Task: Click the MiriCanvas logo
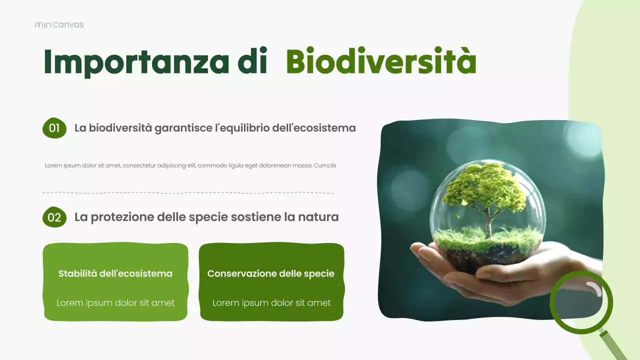pos(59,24)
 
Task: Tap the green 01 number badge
pos(54,128)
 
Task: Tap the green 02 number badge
pos(54,217)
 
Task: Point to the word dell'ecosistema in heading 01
pos(313,128)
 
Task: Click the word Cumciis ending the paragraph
pos(325,165)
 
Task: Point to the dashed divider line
pos(188,192)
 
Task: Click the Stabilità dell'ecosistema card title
pos(115,273)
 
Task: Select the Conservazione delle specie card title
pos(270,273)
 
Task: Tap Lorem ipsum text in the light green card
pos(115,302)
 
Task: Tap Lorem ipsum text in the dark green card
pos(271,302)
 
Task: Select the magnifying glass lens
pos(581,301)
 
